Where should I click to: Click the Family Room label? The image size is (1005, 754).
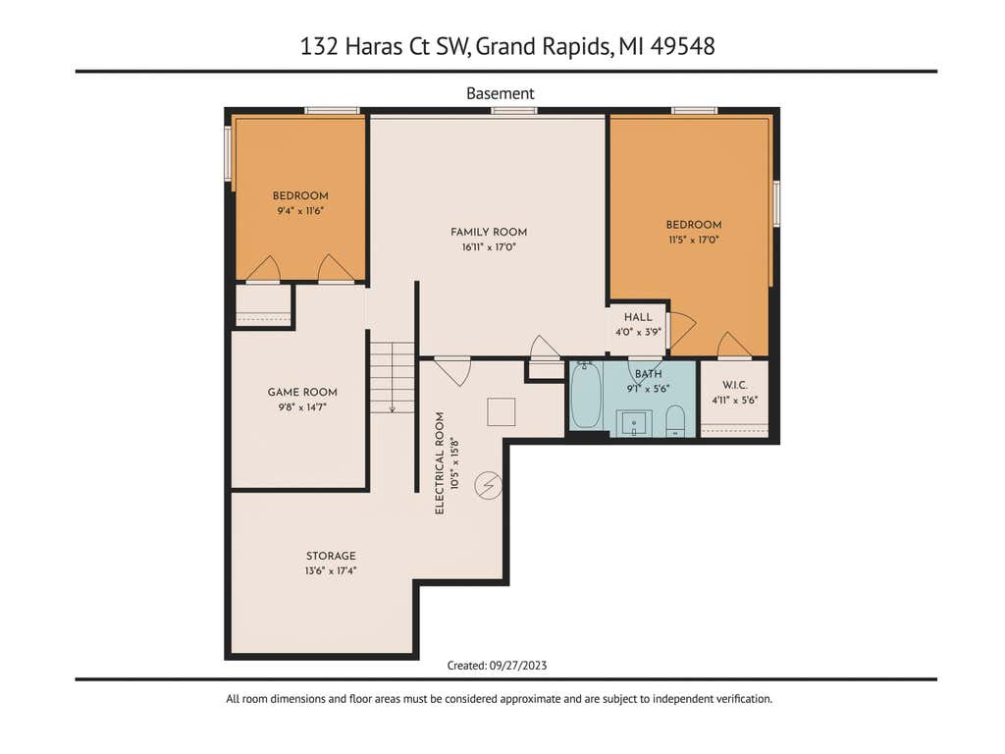(489, 232)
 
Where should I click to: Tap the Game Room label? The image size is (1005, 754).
(302, 392)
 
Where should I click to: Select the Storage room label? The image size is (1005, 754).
(331, 556)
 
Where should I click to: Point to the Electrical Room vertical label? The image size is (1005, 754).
(440, 463)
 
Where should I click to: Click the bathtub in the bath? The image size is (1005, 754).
(586, 395)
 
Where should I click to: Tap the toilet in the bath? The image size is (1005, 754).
(675, 420)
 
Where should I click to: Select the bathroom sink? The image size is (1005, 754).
(634, 423)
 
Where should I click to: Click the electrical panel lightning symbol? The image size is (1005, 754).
(489, 485)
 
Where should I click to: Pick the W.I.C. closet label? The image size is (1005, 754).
(734, 385)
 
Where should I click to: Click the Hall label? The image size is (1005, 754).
(638, 317)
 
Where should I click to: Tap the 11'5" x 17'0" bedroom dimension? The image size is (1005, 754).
(694, 240)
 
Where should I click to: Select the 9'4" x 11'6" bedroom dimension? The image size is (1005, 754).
(300, 210)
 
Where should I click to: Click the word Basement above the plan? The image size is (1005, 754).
(500, 93)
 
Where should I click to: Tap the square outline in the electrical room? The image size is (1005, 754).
(502, 411)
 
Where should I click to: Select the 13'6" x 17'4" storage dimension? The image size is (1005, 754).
(331, 570)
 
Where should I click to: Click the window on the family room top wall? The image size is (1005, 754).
(514, 111)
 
